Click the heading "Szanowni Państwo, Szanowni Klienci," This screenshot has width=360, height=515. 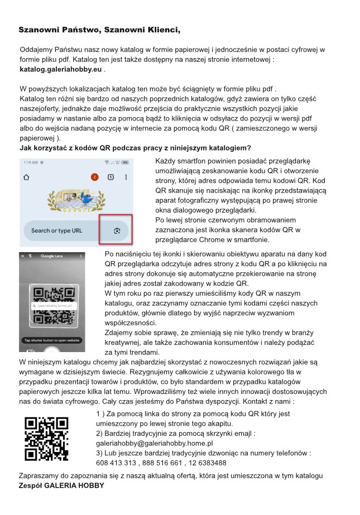[x=99, y=30]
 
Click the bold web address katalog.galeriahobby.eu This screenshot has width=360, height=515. [x=61, y=70]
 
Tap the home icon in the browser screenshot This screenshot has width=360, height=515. [x=26, y=177]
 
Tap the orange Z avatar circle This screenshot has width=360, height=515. [x=94, y=177]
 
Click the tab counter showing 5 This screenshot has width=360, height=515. [x=111, y=177]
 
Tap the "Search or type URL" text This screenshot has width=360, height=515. [x=56, y=230]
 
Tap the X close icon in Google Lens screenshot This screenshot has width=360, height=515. [x=22, y=256]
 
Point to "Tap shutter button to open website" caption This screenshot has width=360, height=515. [x=51, y=340]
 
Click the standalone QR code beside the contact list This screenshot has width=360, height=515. [x=46, y=439]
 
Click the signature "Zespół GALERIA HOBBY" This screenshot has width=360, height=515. [x=61, y=485]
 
